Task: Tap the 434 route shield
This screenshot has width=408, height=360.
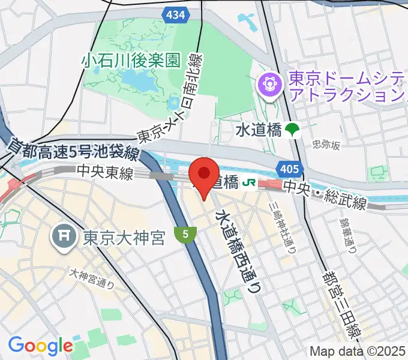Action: [176, 15]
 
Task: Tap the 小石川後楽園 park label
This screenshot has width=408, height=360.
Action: [131, 60]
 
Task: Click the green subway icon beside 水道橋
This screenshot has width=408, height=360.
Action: [293, 129]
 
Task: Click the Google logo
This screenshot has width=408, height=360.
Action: [40, 346]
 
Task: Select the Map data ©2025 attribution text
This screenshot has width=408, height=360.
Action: [358, 351]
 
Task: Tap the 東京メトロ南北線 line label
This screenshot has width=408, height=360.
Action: [174, 99]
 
